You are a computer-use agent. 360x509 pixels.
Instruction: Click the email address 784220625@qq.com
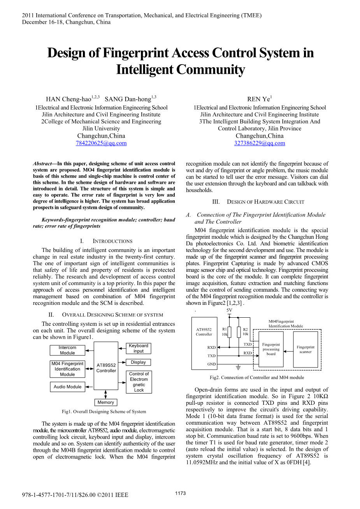pos(101,143)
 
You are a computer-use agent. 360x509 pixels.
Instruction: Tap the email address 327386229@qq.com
pos(260,143)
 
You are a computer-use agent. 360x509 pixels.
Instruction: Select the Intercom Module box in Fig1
pos(67,350)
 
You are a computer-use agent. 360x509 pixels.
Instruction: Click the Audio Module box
pos(67,387)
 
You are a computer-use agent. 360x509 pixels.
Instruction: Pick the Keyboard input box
pos(139,348)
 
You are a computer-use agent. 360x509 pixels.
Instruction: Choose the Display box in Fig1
pos(138,362)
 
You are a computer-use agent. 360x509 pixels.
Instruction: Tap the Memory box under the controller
pos(106,402)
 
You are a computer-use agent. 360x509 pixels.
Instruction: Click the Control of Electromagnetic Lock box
pos(139,382)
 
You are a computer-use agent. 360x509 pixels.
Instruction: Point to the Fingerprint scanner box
pos(306,349)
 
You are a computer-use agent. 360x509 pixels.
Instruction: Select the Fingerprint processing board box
pos(271,349)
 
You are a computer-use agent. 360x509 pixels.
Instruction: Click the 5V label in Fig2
pos(230,310)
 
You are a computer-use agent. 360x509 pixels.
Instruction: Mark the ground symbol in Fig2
pos(238,367)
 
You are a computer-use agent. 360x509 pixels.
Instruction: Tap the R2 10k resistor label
pos(245,332)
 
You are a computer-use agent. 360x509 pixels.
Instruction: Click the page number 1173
pos(180,493)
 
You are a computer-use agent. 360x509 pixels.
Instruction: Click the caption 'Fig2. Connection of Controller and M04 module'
pos(257,377)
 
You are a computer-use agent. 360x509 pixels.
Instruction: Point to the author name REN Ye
pos(259,99)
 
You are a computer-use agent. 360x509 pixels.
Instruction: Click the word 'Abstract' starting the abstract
pos(42,164)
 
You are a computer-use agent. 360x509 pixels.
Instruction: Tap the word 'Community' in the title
pos(211,70)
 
